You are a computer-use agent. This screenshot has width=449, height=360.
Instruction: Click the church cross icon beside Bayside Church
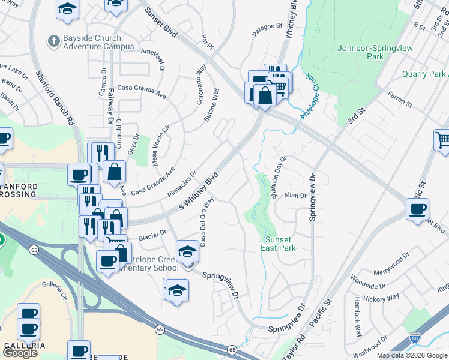click(x=52, y=41)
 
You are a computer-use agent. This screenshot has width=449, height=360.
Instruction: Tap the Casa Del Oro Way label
click(x=207, y=222)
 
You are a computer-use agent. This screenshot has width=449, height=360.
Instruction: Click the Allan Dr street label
click(x=295, y=196)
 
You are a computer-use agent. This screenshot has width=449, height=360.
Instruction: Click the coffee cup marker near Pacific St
click(x=417, y=209)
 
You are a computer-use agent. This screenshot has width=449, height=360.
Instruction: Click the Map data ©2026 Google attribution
click(x=412, y=355)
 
